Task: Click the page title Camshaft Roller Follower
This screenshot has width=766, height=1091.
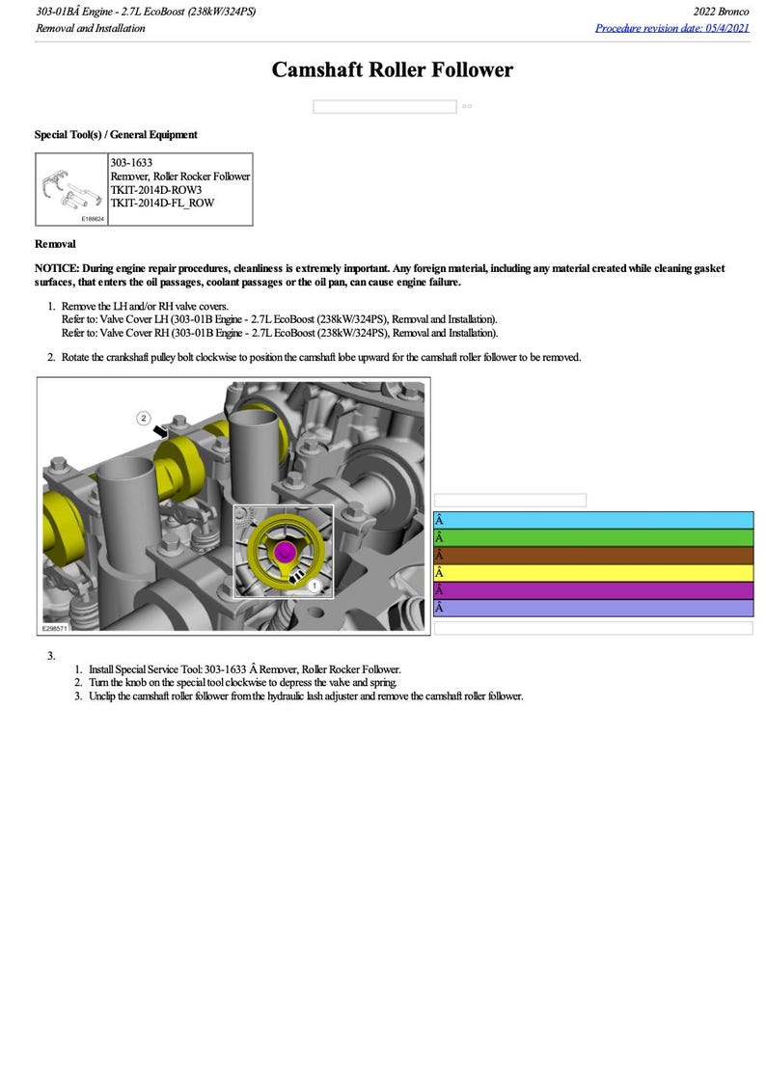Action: [392, 70]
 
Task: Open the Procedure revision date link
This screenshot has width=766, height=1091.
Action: [671, 28]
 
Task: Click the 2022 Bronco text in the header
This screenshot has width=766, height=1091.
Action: [721, 12]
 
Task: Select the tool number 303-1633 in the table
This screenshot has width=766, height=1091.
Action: [131, 163]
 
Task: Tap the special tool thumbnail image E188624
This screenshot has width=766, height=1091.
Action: [72, 190]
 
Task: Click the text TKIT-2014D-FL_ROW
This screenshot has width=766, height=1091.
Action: [162, 203]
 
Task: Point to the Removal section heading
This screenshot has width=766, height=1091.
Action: [55, 244]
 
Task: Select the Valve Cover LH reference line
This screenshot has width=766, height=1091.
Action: [279, 319]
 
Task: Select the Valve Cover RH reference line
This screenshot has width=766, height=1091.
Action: [279, 333]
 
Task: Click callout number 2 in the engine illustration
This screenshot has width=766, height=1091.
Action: [144, 418]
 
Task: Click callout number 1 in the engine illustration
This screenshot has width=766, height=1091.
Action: [315, 585]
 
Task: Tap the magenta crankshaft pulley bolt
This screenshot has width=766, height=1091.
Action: [285, 552]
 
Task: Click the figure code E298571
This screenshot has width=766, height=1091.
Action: [56, 627]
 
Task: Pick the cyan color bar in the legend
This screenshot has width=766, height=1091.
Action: [592, 521]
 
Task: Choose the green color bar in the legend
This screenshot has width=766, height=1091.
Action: [592, 538]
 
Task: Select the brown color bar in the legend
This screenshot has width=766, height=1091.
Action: [592, 556]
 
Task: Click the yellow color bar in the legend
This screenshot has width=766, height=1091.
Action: [592, 573]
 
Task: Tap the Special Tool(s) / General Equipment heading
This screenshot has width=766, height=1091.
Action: [116, 135]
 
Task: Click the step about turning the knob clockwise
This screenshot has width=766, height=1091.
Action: [241, 682]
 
